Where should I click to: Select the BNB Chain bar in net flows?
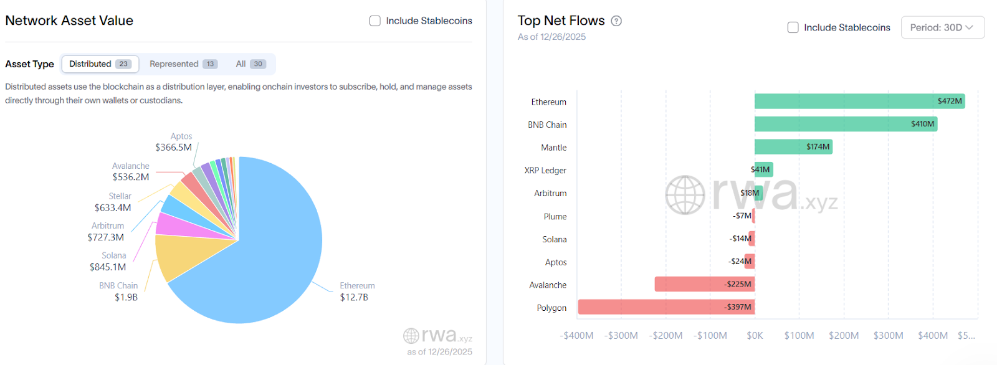pos(845,124)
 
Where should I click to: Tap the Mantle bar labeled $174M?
pos(793,147)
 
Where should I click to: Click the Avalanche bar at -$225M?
pos(704,284)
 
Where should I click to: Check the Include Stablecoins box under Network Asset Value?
pos(375,21)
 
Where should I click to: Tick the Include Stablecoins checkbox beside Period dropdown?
pos(793,27)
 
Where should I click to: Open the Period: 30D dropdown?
pos(942,27)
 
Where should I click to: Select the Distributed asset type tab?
pos(100,64)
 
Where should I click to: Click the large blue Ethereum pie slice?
pos(274,249)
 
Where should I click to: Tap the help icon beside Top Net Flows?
pos(616,21)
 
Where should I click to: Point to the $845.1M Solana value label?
pos(108,267)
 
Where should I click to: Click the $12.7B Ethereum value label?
pos(354,298)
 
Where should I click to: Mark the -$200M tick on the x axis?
pos(665,336)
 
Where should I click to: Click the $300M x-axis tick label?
pos(888,336)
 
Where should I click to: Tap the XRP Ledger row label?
pos(545,170)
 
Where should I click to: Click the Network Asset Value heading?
pos(69,21)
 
